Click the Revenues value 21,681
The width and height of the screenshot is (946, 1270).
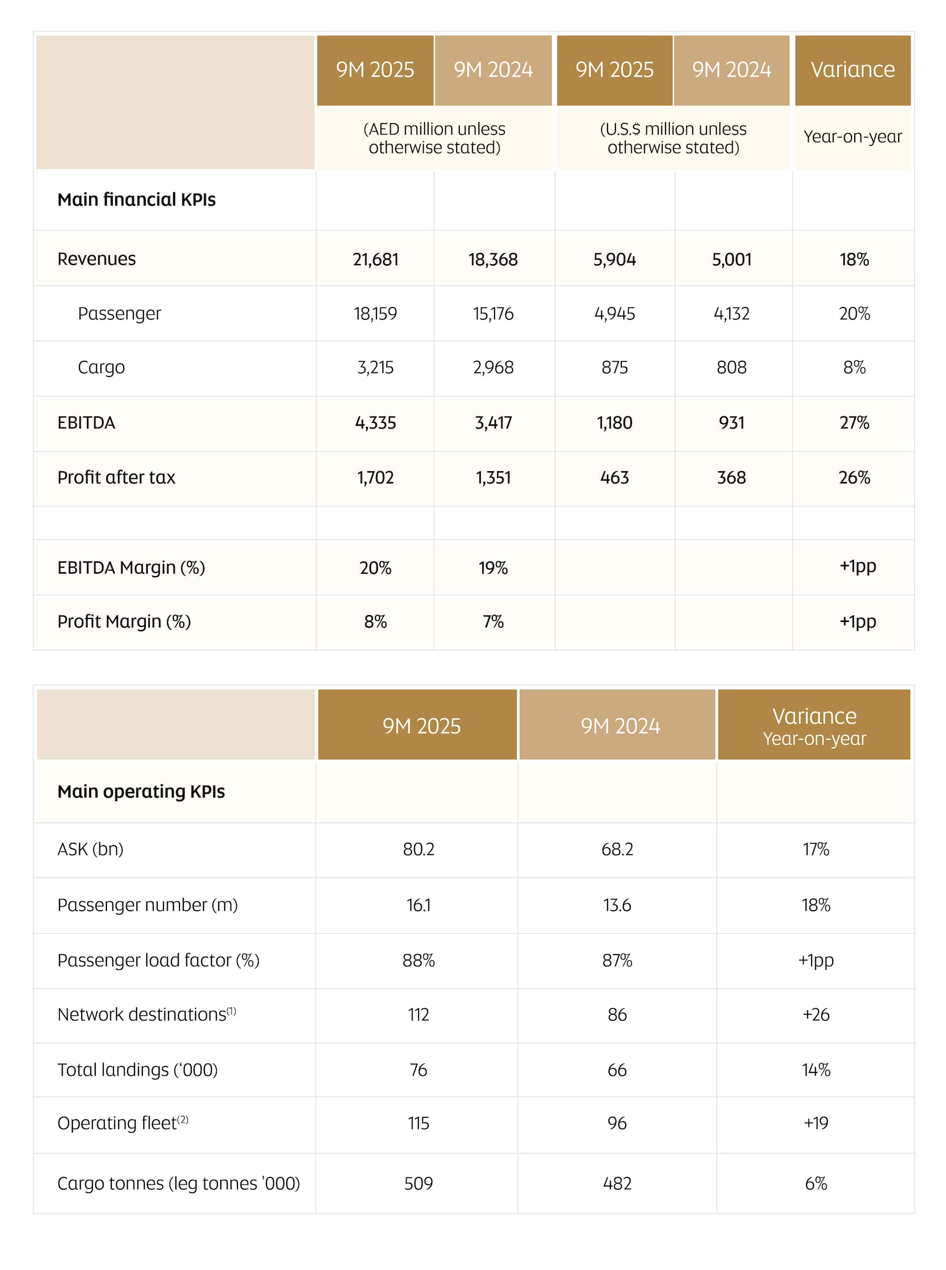tap(375, 260)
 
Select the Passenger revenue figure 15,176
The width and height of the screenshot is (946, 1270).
tap(493, 314)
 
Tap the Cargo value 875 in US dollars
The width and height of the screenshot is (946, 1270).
tap(614, 367)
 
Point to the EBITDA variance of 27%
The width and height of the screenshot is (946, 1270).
tap(854, 423)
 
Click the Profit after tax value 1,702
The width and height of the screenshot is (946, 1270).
tap(375, 478)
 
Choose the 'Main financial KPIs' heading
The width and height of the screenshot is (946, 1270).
tap(136, 200)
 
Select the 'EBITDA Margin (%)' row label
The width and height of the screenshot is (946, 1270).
tap(131, 568)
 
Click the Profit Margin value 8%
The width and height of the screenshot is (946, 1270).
tap(375, 621)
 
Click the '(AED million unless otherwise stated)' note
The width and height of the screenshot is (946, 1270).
tap(434, 138)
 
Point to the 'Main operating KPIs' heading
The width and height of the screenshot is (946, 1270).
tap(141, 791)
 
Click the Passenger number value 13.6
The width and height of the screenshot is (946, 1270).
tap(617, 905)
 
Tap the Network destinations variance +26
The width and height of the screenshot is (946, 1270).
tap(815, 1015)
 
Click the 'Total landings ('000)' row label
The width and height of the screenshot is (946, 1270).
tap(137, 1069)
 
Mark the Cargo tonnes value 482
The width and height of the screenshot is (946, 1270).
tap(617, 1183)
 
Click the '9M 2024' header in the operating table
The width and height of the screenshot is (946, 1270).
tap(620, 726)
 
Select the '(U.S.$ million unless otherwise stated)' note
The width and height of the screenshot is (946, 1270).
tap(673, 138)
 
